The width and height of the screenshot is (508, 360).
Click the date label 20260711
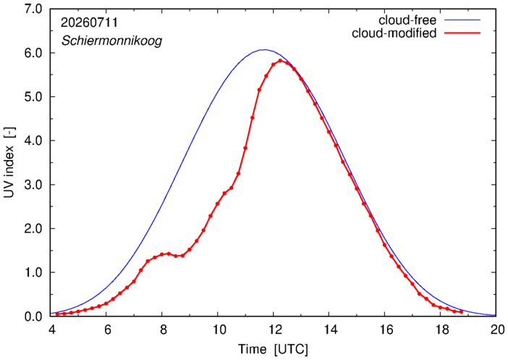tap(89, 22)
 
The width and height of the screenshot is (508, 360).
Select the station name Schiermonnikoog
tap(111, 41)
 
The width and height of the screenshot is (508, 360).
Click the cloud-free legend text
tap(407, 20)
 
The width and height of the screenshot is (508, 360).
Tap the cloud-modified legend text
tap(394, 33)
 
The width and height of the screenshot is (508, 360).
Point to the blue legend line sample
tap(462, 20)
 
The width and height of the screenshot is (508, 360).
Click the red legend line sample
tap(462, 33)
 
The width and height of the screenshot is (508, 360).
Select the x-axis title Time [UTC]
tap(273, 349)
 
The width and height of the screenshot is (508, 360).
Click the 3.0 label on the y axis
tap(33, 185)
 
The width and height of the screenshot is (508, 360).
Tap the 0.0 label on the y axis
tap(33, 317)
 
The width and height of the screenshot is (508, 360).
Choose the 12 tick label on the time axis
tap(273, 330)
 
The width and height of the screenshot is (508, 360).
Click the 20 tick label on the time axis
tap(496, 330)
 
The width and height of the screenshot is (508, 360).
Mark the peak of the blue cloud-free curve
tap(265, 50)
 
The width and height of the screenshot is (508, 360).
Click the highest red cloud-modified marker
tap(280, 60)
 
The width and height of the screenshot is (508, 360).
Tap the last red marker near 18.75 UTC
tap(462, 311)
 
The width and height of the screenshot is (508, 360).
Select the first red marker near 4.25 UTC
tap(57, 314)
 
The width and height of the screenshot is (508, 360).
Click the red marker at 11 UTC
tap(245, 148)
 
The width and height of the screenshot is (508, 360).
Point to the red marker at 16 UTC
tap(384, 245)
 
